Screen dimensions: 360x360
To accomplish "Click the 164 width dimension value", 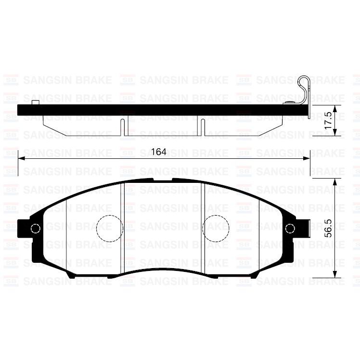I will (x=158, y=152).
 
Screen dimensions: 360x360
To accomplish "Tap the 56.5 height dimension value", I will (x=329, y=228).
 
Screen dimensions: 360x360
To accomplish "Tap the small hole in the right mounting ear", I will (x=290, y=229).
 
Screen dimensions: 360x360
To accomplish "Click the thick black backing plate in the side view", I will (x=159, y=110).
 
